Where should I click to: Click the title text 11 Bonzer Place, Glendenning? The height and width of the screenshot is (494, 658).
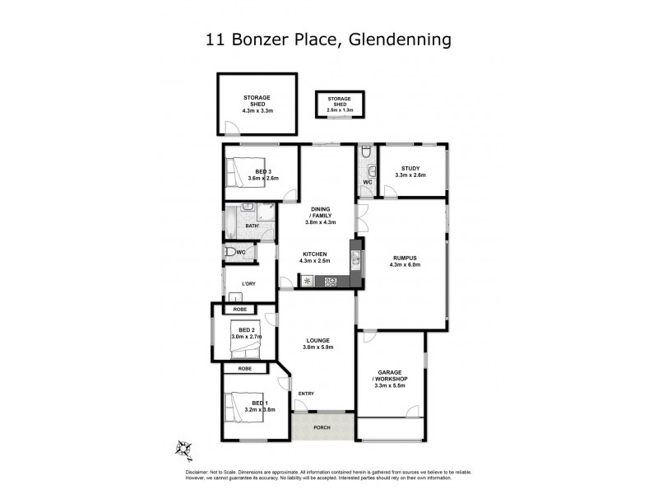(x=329, y=39)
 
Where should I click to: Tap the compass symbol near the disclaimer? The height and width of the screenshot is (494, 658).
(x=184, y=449)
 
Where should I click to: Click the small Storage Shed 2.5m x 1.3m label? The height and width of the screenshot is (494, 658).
(x=340, y=103)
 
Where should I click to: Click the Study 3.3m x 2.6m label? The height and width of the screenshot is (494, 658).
(x=410, y=171)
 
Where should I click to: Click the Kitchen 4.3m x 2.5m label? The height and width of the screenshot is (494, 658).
(x=315, y=258)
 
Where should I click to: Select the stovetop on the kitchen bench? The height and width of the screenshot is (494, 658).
(x=331, y=282)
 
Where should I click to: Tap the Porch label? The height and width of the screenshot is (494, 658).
(x=323, y=426)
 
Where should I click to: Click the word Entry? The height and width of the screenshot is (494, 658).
(x=306, y=393)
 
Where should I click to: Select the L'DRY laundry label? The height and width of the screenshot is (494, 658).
(x=248, y=285)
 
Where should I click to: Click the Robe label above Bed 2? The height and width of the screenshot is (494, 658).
(x=239, y=309)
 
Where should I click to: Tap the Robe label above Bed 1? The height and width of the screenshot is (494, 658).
(x=244, y=369)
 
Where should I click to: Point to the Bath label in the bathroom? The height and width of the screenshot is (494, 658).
(x=253, y=226)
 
